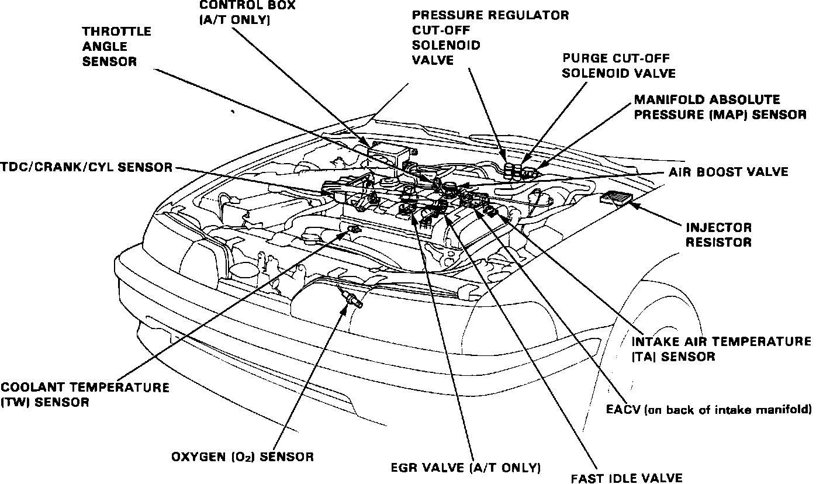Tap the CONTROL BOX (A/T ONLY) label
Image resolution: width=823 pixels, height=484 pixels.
point(247,12)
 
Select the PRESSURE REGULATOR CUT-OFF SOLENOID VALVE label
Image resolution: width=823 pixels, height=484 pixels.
point(490,37)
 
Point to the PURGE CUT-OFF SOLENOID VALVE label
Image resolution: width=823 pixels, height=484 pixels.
point(618,65)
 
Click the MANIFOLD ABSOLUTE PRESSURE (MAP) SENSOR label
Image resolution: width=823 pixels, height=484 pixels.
point(720,108)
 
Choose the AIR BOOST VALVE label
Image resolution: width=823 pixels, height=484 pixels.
point(728,172)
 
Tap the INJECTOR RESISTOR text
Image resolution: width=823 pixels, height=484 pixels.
point(718,234)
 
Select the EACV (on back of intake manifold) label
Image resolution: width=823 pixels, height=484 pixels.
point(709,410)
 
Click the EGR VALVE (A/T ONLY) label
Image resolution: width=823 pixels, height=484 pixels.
point(465,468)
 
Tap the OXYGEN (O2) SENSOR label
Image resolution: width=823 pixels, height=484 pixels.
point(243,457)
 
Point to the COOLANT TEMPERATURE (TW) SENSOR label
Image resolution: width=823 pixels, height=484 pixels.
point(85,395)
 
